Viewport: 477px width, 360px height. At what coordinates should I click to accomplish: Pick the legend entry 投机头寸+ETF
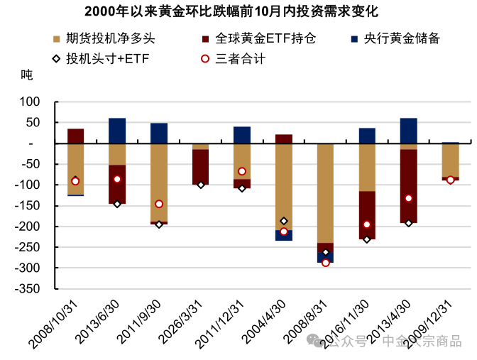click(106, 58)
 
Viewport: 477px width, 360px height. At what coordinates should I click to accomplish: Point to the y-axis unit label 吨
click(26, 75)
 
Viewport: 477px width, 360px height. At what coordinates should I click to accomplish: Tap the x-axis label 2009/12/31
click(427, 323)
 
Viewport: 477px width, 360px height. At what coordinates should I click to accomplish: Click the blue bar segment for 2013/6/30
click(117, 131)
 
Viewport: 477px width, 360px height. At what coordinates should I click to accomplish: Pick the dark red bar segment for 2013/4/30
click(408, 186)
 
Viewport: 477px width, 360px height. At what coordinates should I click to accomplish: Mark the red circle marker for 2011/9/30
click(159, 204)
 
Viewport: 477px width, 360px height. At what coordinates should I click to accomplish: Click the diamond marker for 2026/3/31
click(201, 185)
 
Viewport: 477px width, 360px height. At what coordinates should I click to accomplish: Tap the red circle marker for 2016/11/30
click(367, 224)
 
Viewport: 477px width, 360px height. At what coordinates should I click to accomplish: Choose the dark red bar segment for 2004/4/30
click(284, 138)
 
